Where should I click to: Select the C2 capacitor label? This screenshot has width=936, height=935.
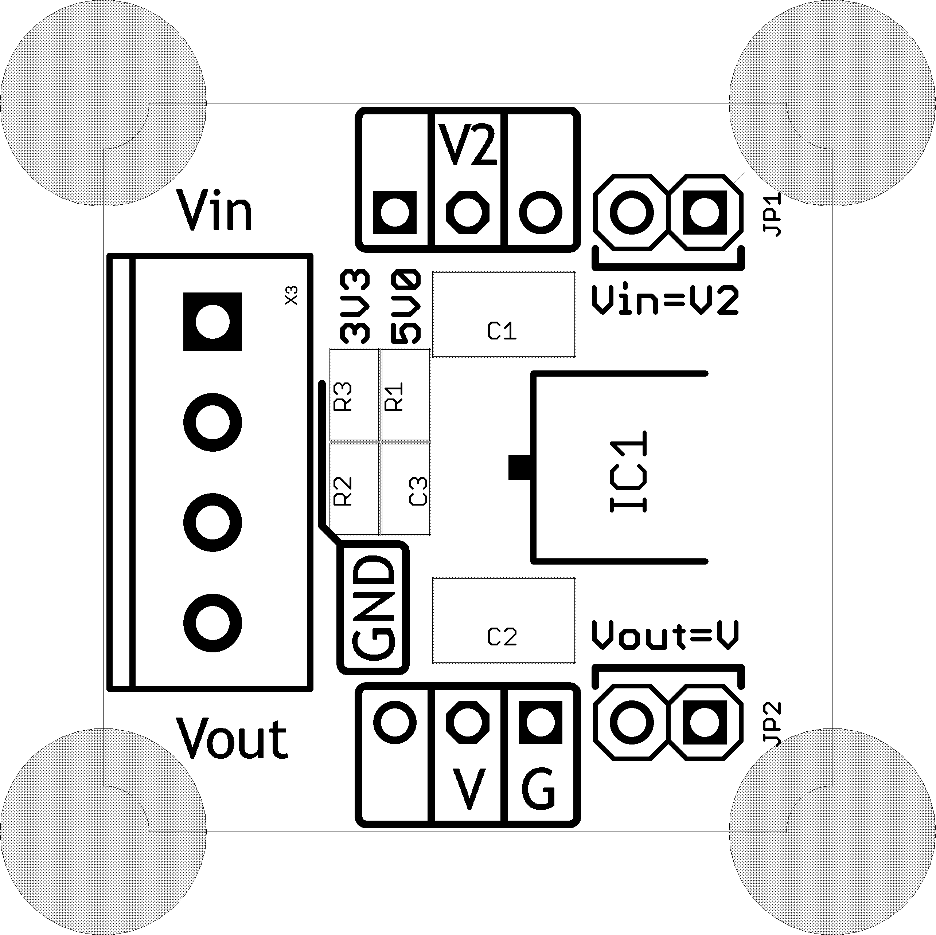click(x=502, y=637)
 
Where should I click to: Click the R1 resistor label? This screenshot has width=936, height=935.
click(x=394, y=397)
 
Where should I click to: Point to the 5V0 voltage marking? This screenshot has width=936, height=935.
click(x=406, y=307)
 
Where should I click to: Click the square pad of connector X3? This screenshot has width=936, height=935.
click(x=212, y=322)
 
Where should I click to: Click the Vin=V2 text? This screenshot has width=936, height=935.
click(x=665, y=301)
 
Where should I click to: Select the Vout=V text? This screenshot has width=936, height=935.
click(x=665, y=635)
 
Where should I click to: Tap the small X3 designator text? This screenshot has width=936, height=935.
click(x=291, y=295)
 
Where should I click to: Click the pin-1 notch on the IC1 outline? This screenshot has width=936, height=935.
click(x=519, y=467)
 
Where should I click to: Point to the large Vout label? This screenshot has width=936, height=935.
click(x=231, y=739)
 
